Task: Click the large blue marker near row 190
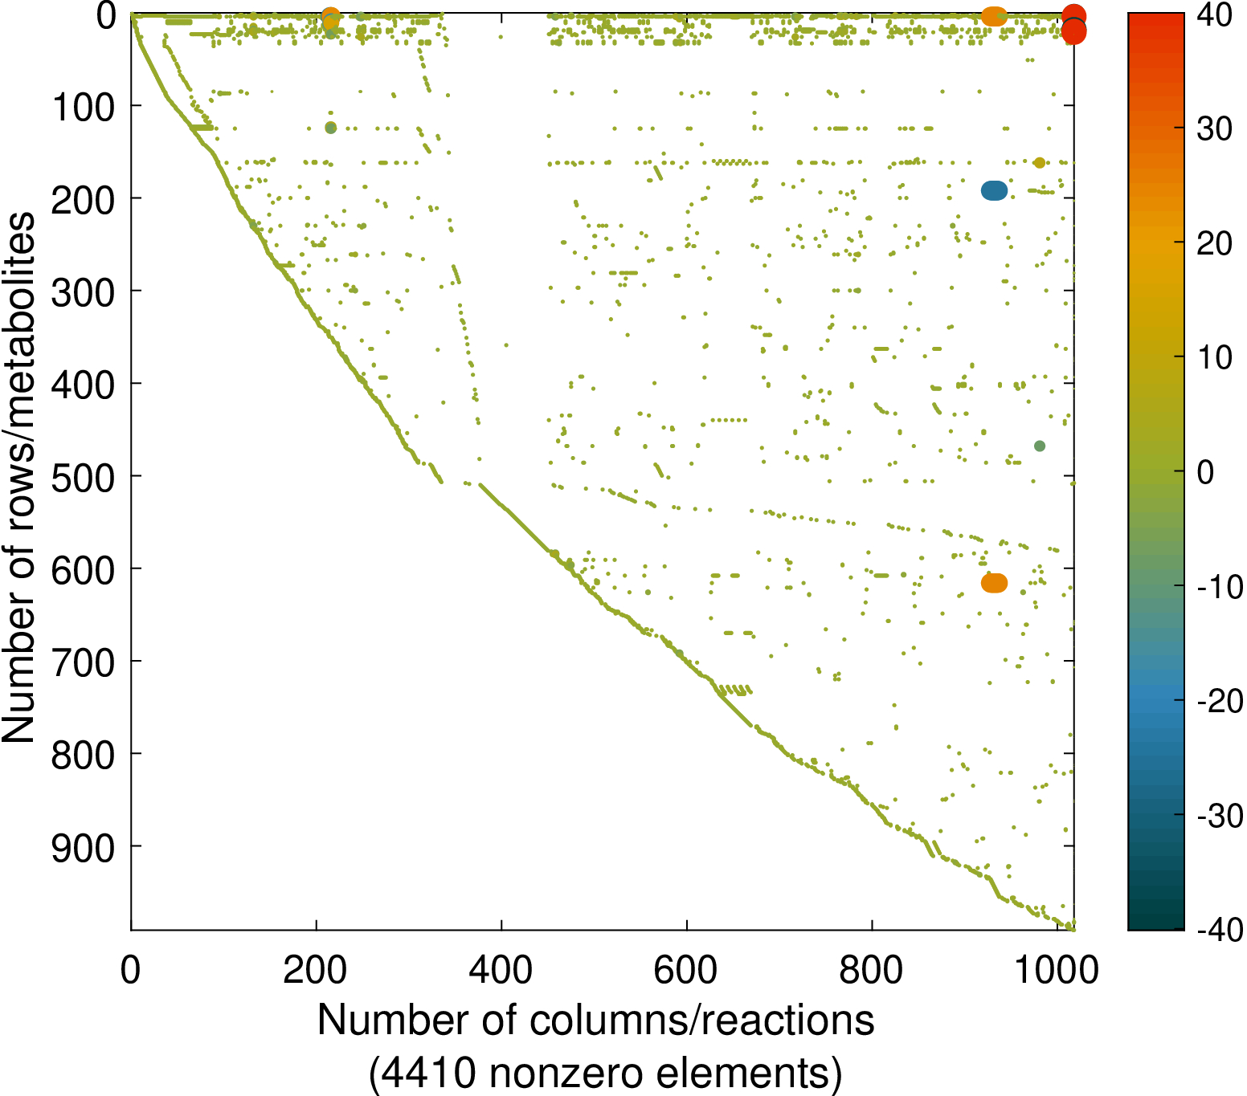click(x=995, y=190)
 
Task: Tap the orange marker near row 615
click(x=995, y=584)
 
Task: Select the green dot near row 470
click(x=1040, y=446)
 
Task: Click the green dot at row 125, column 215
click(x=330, y=128)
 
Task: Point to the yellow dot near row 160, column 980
click(x=1040, y=163)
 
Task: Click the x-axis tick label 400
click(x=501, y=970)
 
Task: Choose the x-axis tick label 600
click(x=686, y=970)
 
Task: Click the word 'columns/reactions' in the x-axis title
click(x=701, y=1021)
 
